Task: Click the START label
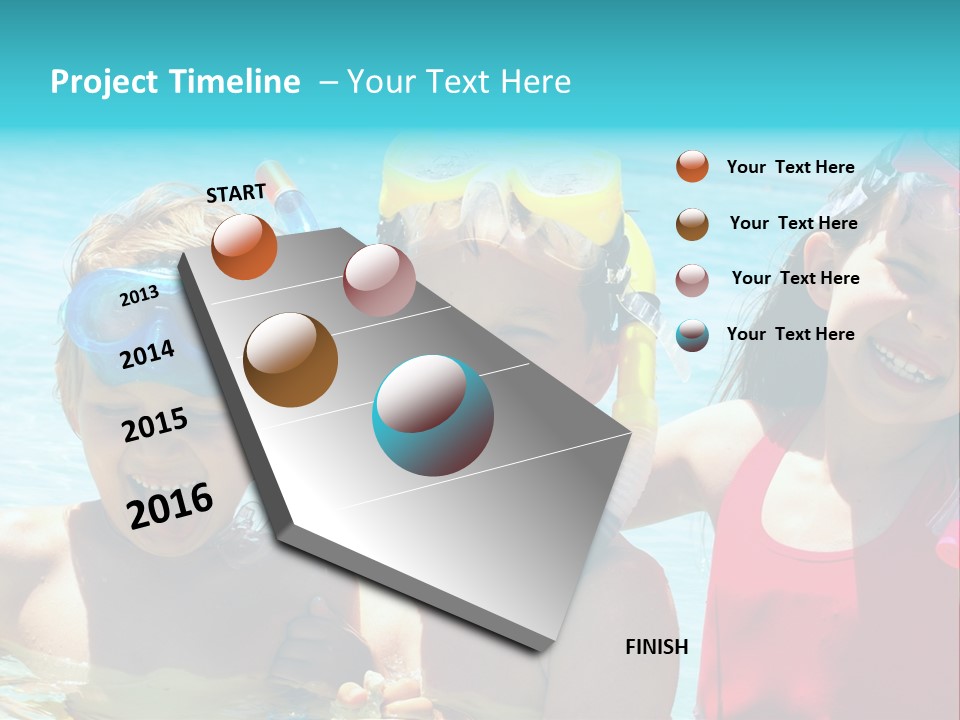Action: click(x=236, y=192)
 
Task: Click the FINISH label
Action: click(x=656, y=647)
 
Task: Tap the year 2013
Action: click(x=139, y=296)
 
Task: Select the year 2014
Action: click(x=147, y=354)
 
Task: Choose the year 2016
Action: click(x=170, y=505)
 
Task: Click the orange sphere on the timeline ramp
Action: click(x=244, y=247)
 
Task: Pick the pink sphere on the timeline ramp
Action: click(x=379, y=280)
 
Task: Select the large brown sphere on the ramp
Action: click(x=290, y=360)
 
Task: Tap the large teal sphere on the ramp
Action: click(x=433, y=415)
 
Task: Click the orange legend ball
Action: click(x=692, y=167)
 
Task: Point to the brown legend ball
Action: click(x=692, y=224)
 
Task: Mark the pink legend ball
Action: click(x=692, y=279)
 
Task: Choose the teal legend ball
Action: click(x=692, y=335)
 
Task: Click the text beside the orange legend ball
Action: click(x=790, y=167)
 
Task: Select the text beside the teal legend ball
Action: click(x=790, y=334)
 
